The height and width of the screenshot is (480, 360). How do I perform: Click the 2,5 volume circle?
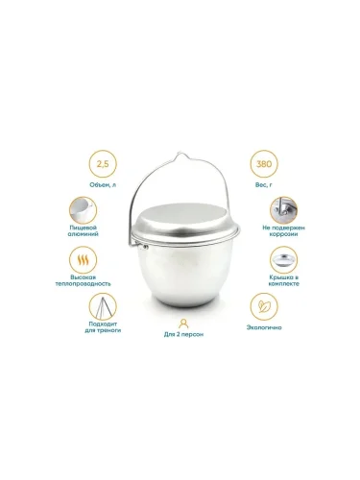[103, 164]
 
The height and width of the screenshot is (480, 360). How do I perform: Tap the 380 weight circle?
[264, 164]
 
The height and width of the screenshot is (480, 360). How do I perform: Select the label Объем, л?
[103, 184]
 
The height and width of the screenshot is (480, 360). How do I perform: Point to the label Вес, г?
[264, 184]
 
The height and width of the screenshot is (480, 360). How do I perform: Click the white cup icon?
[83, 210]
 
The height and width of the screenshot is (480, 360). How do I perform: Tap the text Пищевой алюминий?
[84, 230]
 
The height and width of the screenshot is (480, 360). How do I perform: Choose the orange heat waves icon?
[83, 260]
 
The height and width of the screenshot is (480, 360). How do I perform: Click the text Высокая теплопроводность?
[83, 280]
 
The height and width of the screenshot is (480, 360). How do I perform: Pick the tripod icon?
[103, 306]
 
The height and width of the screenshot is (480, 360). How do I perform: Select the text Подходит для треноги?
[103, 327]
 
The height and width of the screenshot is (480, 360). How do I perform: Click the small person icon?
[183, 324]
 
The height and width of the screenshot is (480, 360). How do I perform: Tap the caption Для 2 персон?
[183, 334]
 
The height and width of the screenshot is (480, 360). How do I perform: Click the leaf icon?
[264, 306]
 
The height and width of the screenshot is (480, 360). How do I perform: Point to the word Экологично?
[264, 327]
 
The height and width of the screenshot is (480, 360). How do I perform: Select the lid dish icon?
[283, 260]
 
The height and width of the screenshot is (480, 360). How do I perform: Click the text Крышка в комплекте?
[284, 280]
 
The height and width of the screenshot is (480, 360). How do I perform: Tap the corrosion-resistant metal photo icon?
[283, 210]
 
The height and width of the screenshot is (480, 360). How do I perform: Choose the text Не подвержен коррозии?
[283, 230]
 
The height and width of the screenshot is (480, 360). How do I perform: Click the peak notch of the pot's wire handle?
[182, 155]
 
